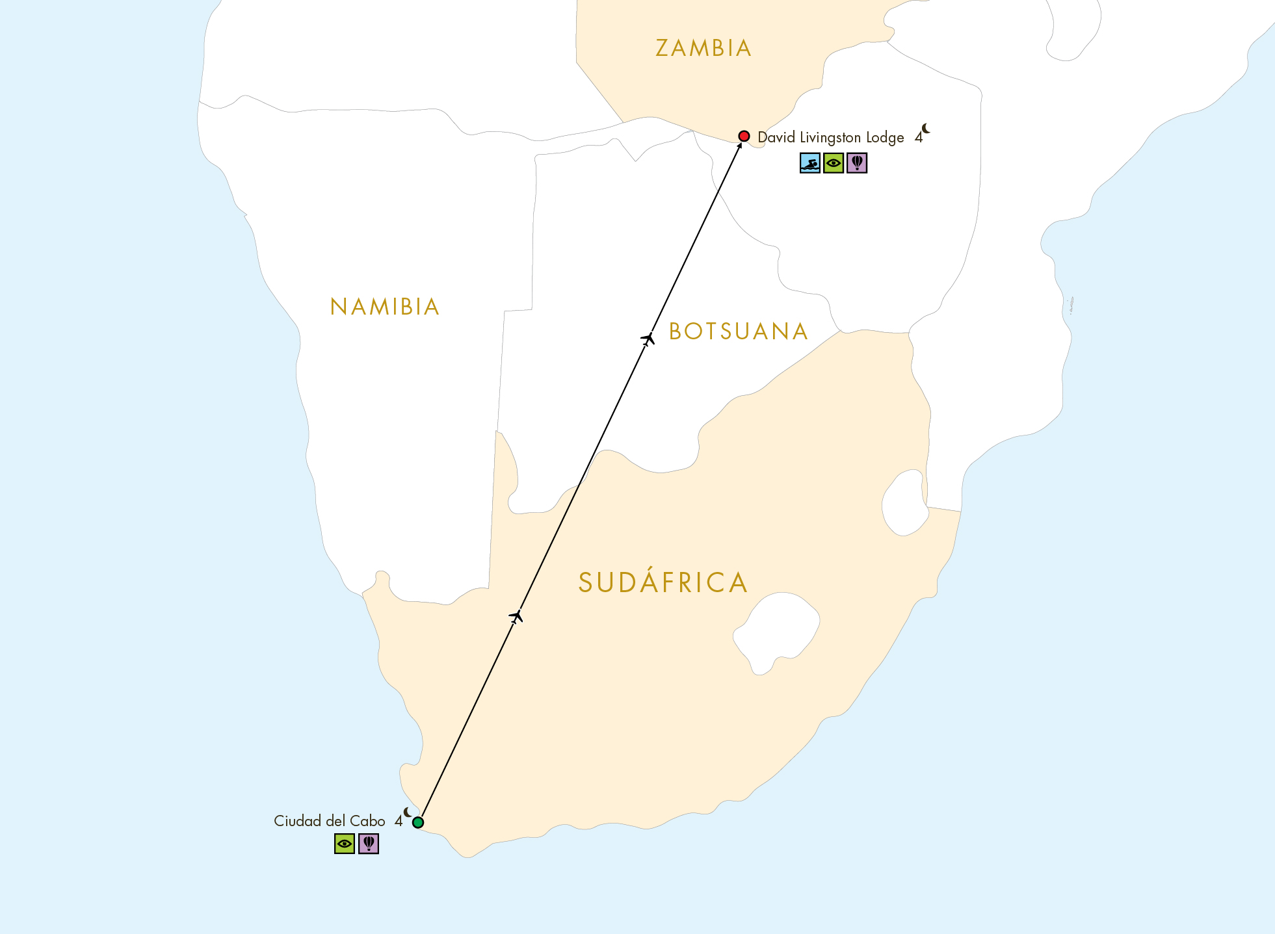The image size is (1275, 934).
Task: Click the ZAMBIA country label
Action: pyautogui.click(x=703, y=48)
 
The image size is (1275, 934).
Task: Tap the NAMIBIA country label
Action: pyautogui.click(x=385, y=307)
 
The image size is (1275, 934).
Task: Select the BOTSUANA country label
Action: pyautogui.click(x=739, y=331)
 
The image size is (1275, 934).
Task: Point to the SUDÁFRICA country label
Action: pyautogui.click(x=663, y=582)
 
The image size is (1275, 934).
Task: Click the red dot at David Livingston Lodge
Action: pyautogui.click(x=744, y=136)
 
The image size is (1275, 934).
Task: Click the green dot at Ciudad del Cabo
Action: pyautogui.click(x=418, y=822)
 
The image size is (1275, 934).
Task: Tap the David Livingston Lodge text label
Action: pyautogui.click(x=831, y=138)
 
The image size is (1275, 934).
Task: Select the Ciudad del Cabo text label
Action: pyautogui.click(x=330, y=821)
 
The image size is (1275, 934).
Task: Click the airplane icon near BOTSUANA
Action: pyautogui.click(x=648, y=339)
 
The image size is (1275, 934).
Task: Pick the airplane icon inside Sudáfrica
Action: pyautogui.click(x=516, y=616)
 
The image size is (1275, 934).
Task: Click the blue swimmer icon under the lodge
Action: pyautogui.click(x=810, y=162)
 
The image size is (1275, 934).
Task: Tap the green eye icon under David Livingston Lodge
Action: pyautogui.click(x=834, y=162)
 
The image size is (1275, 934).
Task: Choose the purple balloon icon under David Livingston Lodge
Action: pyautogui.click(x=857, y=162)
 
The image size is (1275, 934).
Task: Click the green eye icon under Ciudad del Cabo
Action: pyautogui.click(x=345, y=844)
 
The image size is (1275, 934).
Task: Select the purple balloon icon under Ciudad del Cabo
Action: pyautogui.click(x=369, y=844)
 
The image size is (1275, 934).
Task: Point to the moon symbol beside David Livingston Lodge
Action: pyautogui.click(x=926, y=129)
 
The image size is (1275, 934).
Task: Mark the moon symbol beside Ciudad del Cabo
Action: pyautogui.click(x=408, y=812)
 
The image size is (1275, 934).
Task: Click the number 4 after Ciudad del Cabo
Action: pyautogui.click(x=399, y=822)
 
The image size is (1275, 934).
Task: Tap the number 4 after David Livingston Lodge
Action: pyautogui.click(x=918, y=138)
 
